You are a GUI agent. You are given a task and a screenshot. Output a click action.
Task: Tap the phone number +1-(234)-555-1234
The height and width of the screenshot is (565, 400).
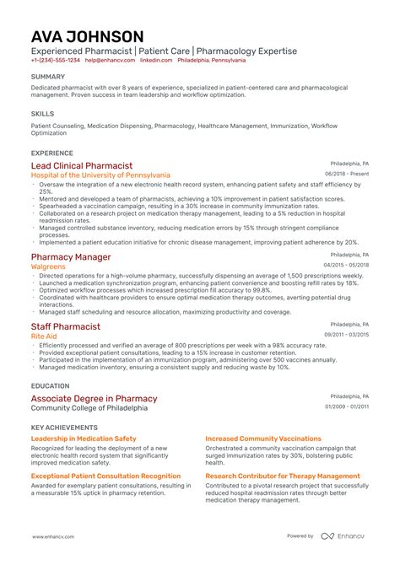click(56, 61)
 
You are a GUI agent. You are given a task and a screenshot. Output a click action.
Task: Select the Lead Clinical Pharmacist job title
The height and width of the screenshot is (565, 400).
click(82, 165)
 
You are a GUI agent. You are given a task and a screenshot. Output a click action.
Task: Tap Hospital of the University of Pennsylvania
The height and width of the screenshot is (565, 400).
click(100, 175)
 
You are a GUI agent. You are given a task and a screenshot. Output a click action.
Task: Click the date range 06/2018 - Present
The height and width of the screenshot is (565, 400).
click(347, 174)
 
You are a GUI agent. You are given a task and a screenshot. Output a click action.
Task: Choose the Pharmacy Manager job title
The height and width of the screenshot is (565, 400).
click(71, 256)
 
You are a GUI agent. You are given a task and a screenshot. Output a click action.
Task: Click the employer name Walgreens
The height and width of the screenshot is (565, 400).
click(47, 266)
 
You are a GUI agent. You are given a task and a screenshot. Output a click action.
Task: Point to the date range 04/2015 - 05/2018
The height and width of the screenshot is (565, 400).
click(347, 265)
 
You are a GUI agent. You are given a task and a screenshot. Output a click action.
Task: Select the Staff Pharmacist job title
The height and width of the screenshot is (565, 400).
click(66, 326)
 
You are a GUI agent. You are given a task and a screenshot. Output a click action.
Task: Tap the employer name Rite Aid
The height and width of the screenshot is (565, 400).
click(44, 336)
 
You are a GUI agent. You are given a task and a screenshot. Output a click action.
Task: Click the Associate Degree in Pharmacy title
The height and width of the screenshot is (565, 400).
click(94, 398)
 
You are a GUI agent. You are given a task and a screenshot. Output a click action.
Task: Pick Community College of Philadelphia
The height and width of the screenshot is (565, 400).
click(89, 408)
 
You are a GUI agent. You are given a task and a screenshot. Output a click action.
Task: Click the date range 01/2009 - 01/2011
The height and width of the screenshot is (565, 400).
click(347, 407)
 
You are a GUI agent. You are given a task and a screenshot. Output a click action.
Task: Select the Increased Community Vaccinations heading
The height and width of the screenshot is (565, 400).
click(262, 439)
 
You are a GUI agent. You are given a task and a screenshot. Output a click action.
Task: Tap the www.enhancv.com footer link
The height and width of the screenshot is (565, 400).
click(53, 536)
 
